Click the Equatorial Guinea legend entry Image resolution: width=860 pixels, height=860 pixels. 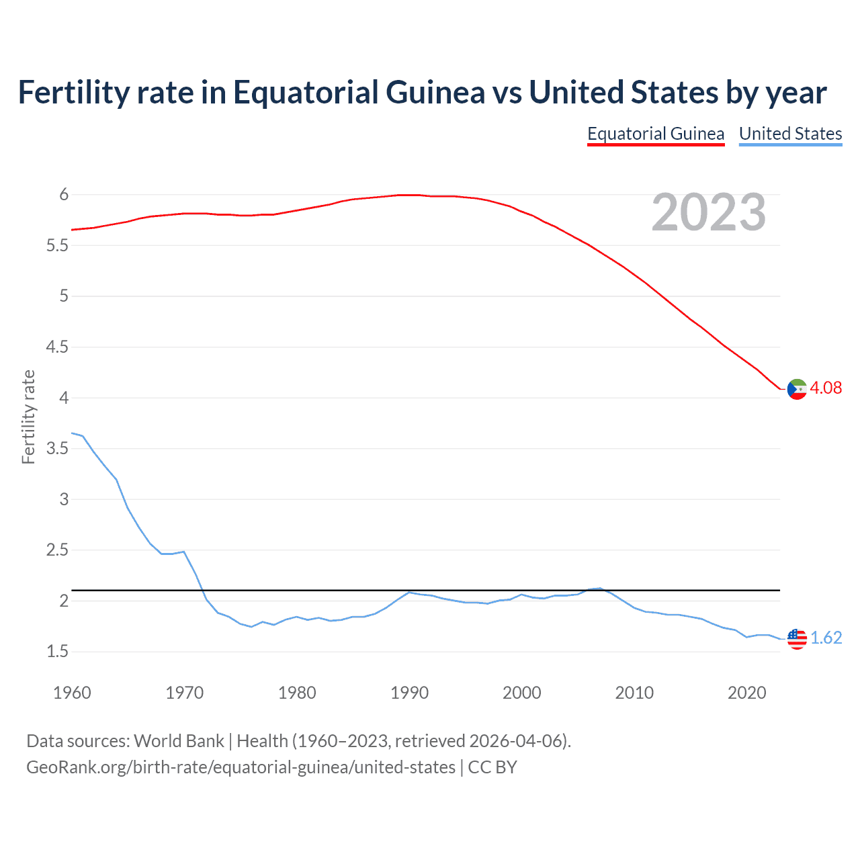coord(655,134)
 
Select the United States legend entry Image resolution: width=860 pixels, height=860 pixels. coord(790,134)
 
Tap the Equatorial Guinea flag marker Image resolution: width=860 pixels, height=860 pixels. coord(797,389)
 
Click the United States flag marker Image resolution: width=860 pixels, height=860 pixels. coord(797,638)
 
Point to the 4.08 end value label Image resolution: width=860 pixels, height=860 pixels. coord(826,388)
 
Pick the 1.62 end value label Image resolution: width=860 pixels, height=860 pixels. coord(826,638)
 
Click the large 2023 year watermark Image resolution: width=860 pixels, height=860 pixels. coord(709,212)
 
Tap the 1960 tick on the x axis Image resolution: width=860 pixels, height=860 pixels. coord(72,693)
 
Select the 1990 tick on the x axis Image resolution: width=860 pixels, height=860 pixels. coord(409,693)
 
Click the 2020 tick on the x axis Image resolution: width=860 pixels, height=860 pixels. coord(746,693)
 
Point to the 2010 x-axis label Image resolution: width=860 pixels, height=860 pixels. coord(634,693)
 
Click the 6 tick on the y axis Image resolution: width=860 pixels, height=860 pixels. coord(64,195)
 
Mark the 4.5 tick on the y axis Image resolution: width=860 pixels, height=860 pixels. coord(57,347)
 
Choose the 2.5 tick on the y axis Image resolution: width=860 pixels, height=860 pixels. coord(57,550)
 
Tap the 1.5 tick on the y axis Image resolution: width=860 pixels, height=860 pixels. coord(57,652)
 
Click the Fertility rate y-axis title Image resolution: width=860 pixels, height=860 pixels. coord(28,417)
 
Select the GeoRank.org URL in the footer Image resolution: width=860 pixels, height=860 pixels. coord(241,767)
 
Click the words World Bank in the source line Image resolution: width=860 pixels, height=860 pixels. coord(179,741)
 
